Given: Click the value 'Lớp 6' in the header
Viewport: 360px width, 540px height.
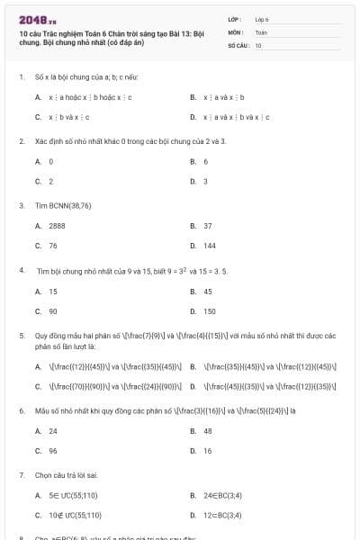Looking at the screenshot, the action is click(x=262, y=19).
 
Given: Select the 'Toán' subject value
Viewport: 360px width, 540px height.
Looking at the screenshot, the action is click(x=261, y=31).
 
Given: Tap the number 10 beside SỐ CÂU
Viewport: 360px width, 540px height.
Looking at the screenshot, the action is click(x=258, y=44).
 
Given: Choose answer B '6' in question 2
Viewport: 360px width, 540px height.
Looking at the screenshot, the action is click(x=205, y=161).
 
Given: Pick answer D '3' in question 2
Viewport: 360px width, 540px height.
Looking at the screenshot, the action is click(x=205, y=181).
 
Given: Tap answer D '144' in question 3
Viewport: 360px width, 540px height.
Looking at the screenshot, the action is click(x=209, y=245).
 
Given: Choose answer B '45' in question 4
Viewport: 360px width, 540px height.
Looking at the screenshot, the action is click(x=207, y=292).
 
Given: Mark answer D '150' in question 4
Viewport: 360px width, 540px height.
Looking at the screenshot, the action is click(x=209, y=311).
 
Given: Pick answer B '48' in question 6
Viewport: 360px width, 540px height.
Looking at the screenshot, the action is click(x=207, y=430).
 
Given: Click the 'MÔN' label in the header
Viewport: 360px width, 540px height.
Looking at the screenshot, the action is click(x=235, y=31).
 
